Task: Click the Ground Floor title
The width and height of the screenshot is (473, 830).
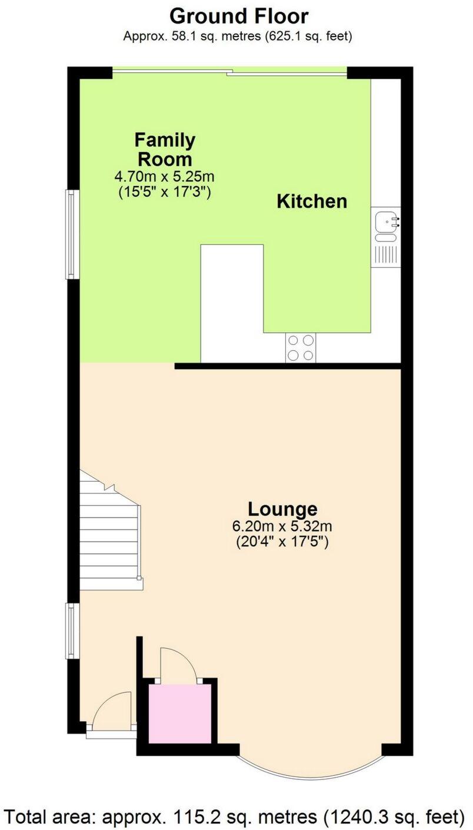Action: pyautogui.click(x=239, y=15)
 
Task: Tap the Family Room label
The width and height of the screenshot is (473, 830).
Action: pyautogui.click(x=165, y=150)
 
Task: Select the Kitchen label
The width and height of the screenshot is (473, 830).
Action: pyautogui.click(x=312, y=201)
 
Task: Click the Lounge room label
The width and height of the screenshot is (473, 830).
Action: pyautogui.click(x=282, y=509)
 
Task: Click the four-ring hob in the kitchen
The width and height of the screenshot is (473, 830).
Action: pyautogui.click(x=301, y=348)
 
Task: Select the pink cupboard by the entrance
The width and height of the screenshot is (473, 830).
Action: pyautogui.click(x=178, y=713)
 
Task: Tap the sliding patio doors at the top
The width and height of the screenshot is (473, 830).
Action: pyautogui.click(x=229, y=72)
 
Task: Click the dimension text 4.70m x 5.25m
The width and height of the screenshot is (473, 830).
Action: pyautogui.click(x=164, y=176)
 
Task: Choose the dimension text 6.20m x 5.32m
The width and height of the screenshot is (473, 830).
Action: pyautogui.click(x=282, y=526)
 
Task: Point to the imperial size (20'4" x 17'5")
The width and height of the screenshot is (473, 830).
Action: pyautogui.click(x=282, y=542)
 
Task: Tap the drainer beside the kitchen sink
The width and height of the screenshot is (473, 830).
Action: pyautogui.click(x=387, y=254)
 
